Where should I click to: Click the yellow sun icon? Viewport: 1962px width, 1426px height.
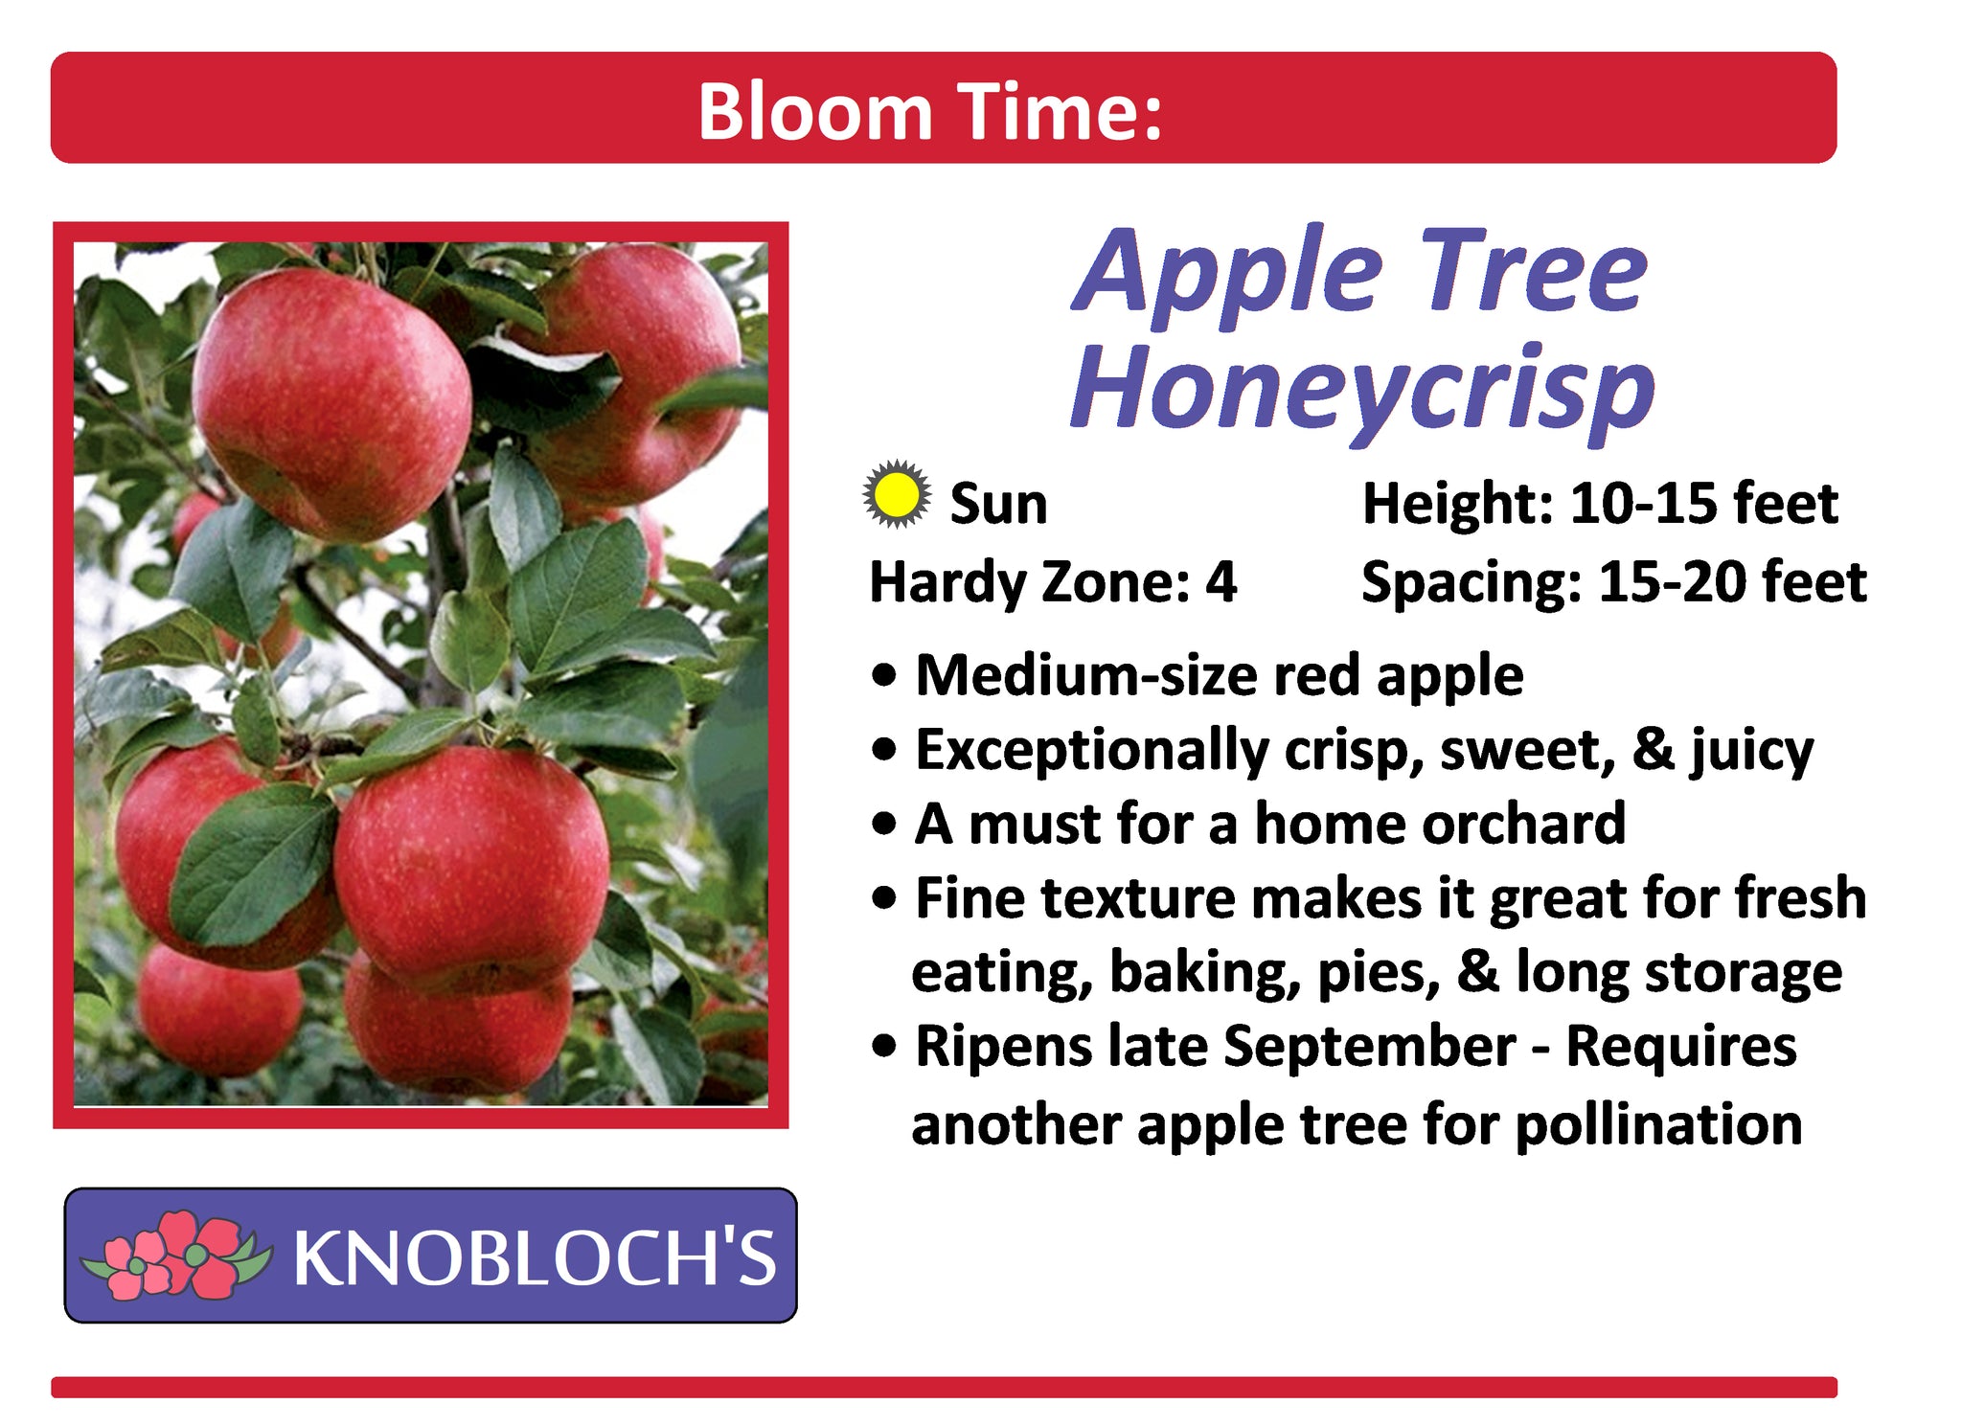(x=896, y=495)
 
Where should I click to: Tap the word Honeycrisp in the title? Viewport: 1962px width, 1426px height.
(x=1362, y=392)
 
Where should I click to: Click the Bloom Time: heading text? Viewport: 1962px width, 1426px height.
(x=929, y=112)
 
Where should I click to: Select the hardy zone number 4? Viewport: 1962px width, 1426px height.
(x=1221, y=581)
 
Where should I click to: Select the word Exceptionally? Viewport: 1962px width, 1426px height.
(x=1092, y=750)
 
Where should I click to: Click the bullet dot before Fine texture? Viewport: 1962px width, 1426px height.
(x=885, y=898)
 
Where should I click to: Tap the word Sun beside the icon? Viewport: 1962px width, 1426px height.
(x=998, y=504)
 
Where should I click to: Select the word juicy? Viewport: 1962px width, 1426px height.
(x=1751, y=750)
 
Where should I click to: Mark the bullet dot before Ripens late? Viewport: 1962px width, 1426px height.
(x=885, y=1047)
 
